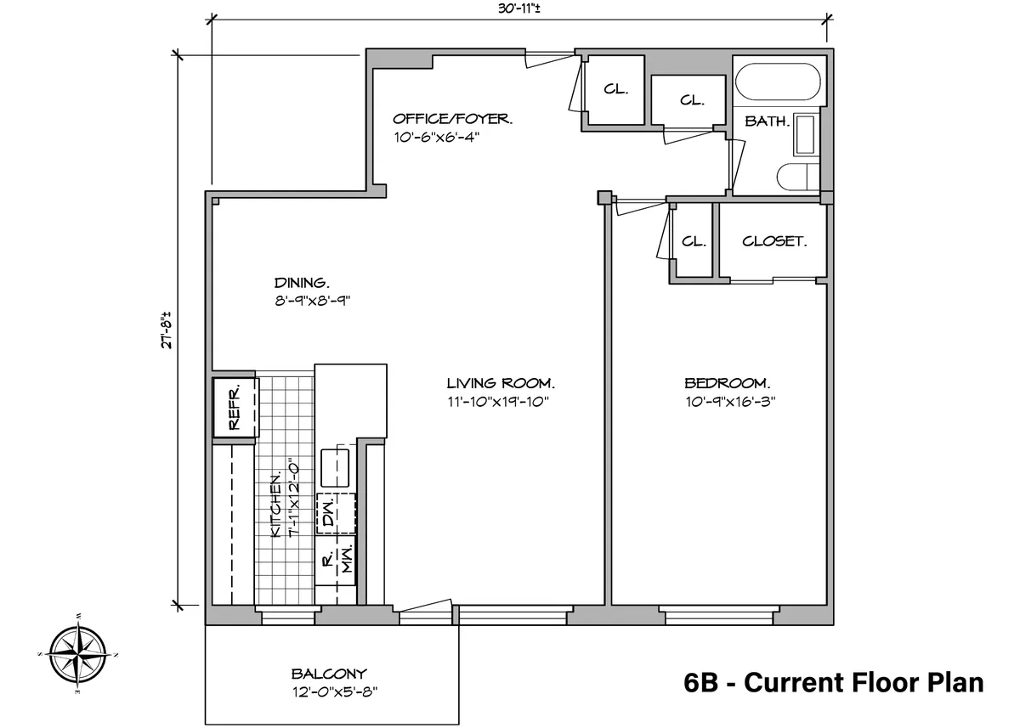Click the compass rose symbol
78,654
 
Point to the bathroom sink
804,135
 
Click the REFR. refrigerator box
234,407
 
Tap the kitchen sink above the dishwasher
336,466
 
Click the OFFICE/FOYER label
452,119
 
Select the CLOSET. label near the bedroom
773,241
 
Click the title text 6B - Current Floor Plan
833,682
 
